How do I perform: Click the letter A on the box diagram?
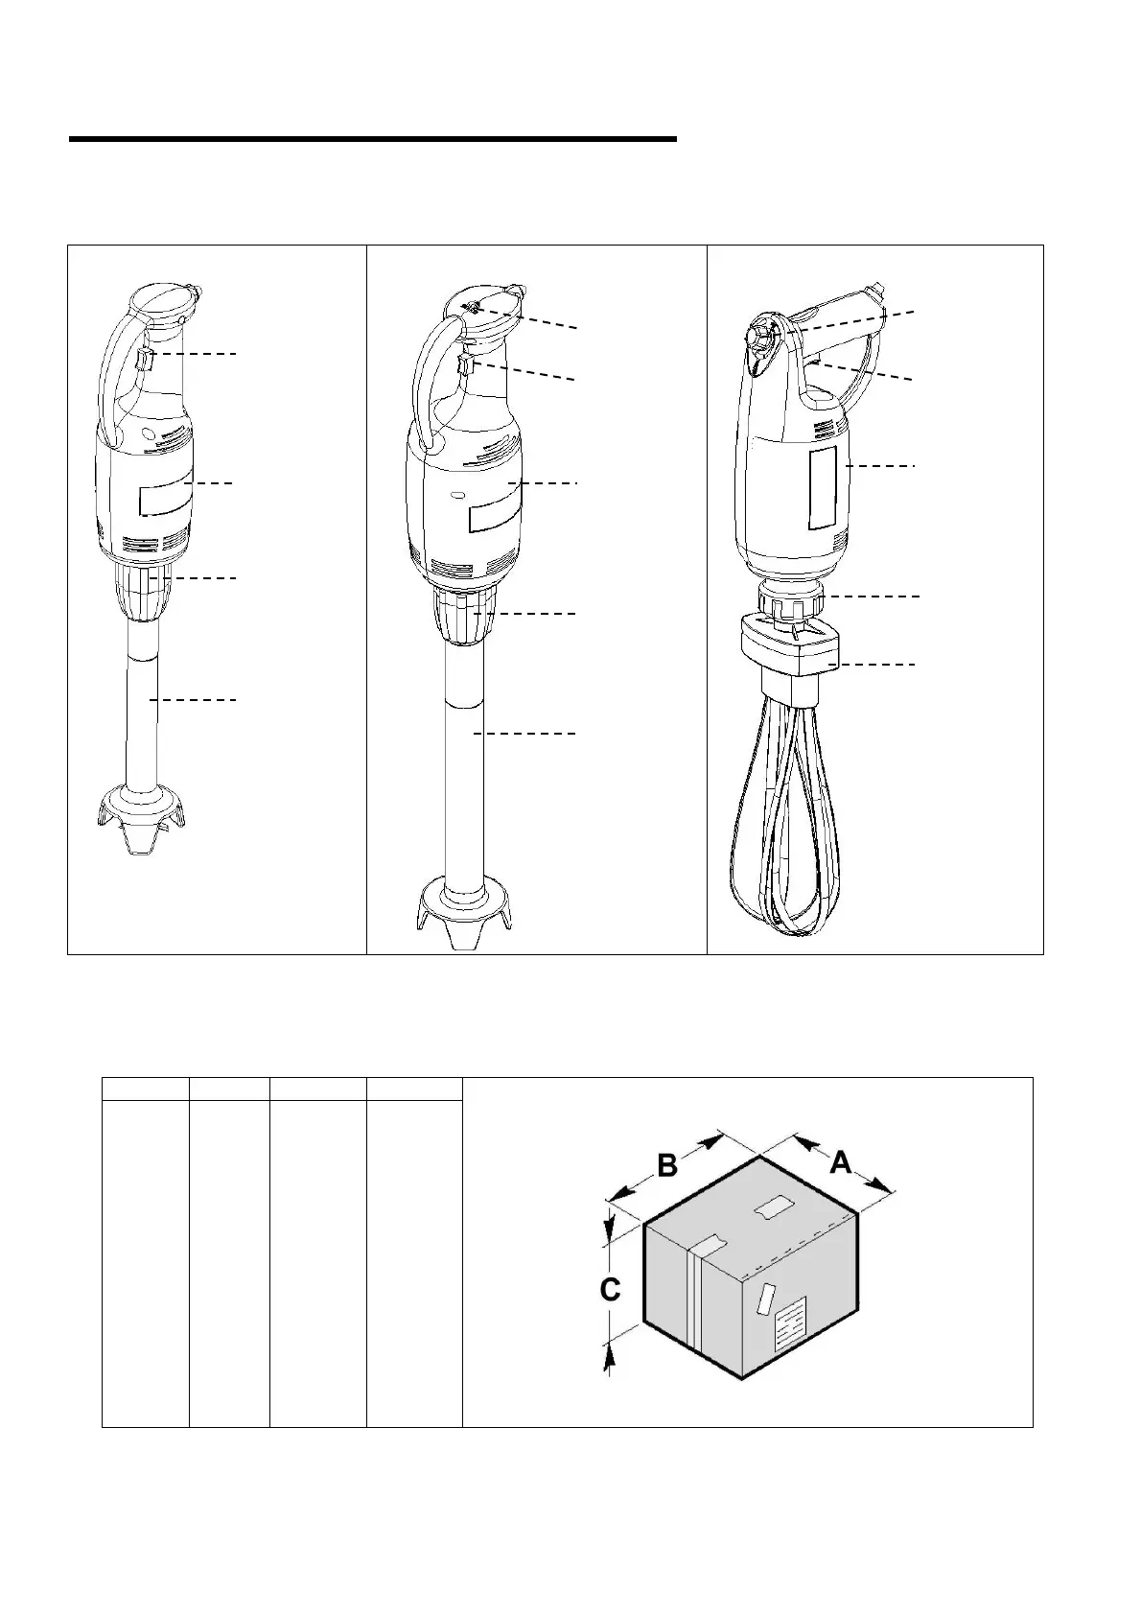click(x=840, y=1162)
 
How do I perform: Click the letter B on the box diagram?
click(x=667, y=1165)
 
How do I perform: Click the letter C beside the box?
click(x=610, y=1291)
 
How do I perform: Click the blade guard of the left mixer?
click(x=142, y=815)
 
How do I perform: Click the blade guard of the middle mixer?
click(x=462, y=906)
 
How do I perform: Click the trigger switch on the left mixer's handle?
click(x=143, y=361)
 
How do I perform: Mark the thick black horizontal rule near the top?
click(x=372, y=140)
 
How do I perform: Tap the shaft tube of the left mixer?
click(x=143, y=710)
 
